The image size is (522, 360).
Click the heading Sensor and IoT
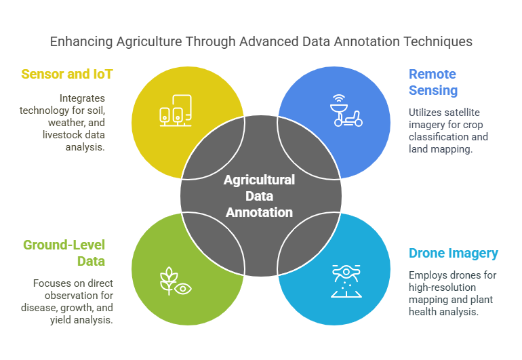pos(66,74)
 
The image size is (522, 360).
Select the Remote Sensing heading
pos(433,82)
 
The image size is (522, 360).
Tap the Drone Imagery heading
pos(453,254)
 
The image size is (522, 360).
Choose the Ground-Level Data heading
pos(64,252)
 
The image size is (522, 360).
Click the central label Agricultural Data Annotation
pos(260,196)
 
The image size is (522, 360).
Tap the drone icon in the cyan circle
pos(346,280)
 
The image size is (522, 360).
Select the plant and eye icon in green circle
pos(175,281)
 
